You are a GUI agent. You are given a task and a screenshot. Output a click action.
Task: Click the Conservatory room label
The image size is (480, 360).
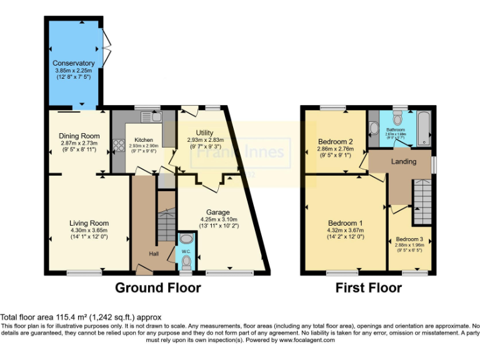point(73,63)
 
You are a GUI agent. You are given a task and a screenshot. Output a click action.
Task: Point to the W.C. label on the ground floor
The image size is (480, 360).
point(186,252)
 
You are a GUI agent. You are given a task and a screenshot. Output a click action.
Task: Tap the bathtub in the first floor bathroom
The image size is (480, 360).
point(423,129)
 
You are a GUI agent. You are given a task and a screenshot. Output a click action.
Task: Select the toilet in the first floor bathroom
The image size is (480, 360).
point(374,129)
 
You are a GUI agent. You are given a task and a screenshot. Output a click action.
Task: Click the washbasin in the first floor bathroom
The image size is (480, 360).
point(396,119)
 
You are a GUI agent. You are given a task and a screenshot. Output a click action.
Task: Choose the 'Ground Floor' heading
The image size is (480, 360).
point(158,288)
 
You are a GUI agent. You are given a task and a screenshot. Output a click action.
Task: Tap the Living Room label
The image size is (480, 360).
point(89,223)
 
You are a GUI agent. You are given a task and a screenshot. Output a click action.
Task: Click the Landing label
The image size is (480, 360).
point(404,162)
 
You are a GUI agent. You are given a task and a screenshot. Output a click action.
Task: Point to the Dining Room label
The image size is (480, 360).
point(79,136)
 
